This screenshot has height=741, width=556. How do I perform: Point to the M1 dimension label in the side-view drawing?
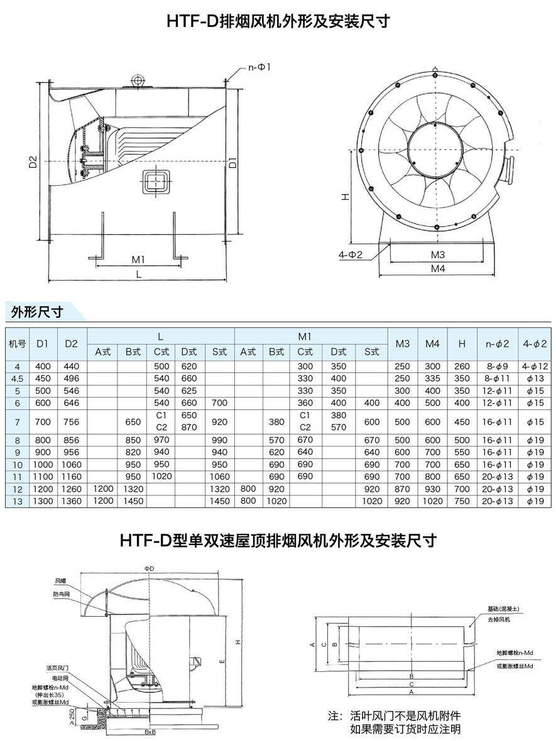(x=138, y=259)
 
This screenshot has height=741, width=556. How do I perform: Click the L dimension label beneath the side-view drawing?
(x=138, y=274)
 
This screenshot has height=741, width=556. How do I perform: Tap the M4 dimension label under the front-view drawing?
(x=438, y=269)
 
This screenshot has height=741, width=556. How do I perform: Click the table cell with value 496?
(x=71, y=378)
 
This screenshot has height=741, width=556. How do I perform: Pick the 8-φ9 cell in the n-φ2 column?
(x=497, y=366)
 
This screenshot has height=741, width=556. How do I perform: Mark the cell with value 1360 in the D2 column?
(x=71, y=501)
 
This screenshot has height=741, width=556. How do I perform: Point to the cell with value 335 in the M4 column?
(x=433, y=378)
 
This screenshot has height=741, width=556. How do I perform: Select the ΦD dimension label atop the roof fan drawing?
(x=149, y=568)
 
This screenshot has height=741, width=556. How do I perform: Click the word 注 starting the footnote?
(x=333, y=716)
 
